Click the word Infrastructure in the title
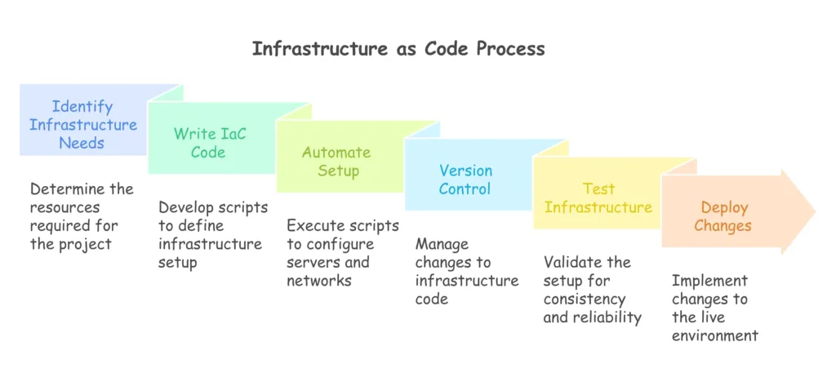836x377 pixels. tap(319, 48)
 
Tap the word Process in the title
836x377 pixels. tap(511, 48)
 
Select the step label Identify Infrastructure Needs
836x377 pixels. tap(82, 125)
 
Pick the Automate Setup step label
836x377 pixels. tap(336, 161)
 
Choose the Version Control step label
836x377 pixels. tap(465, 180)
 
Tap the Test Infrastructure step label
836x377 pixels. tap(598, 197)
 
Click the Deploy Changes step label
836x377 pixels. tap(723, 216)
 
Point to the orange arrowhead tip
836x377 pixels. tap(816, 211)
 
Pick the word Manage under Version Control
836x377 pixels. tap(442, 245)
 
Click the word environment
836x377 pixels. tap(715, 336)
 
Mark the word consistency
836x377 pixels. tap(585, 299)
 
